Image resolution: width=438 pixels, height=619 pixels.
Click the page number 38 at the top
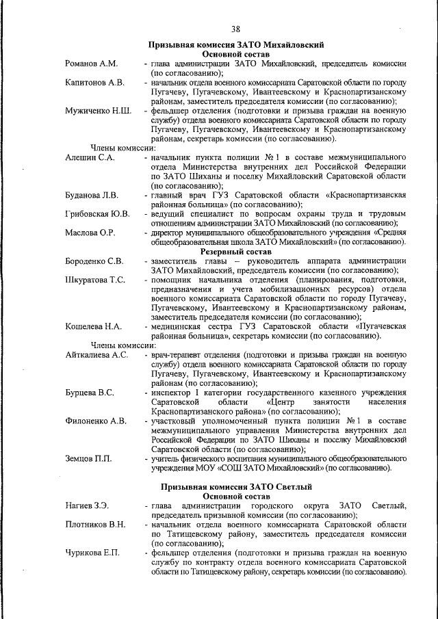[235, 29]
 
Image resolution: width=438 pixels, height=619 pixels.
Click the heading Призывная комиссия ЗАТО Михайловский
[236, 44]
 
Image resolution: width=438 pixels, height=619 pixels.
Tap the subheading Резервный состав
[236, 251]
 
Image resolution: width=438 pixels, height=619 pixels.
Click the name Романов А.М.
[91, 64]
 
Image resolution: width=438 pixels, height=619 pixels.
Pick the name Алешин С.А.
[90, 157]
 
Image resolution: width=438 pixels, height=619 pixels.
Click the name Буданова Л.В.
[92, 195]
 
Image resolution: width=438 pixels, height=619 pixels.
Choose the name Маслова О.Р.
[90, 233]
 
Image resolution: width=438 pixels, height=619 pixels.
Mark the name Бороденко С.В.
[94, 261]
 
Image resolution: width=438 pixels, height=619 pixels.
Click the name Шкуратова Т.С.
[95, 280]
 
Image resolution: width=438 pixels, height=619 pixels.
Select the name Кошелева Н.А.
[93, 327]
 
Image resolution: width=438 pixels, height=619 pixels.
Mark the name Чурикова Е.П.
[92, 553]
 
